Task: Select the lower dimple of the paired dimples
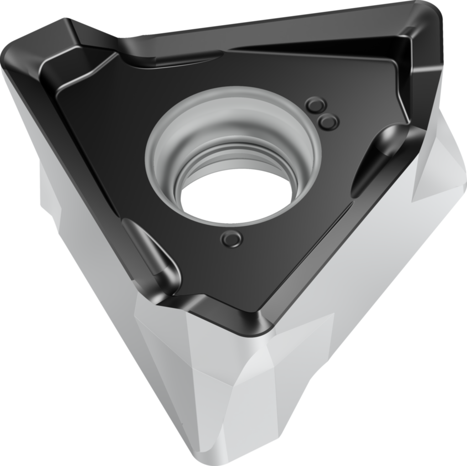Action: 328,121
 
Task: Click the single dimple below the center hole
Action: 231,238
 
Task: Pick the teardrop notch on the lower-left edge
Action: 150,251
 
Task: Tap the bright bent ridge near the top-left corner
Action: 82,68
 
